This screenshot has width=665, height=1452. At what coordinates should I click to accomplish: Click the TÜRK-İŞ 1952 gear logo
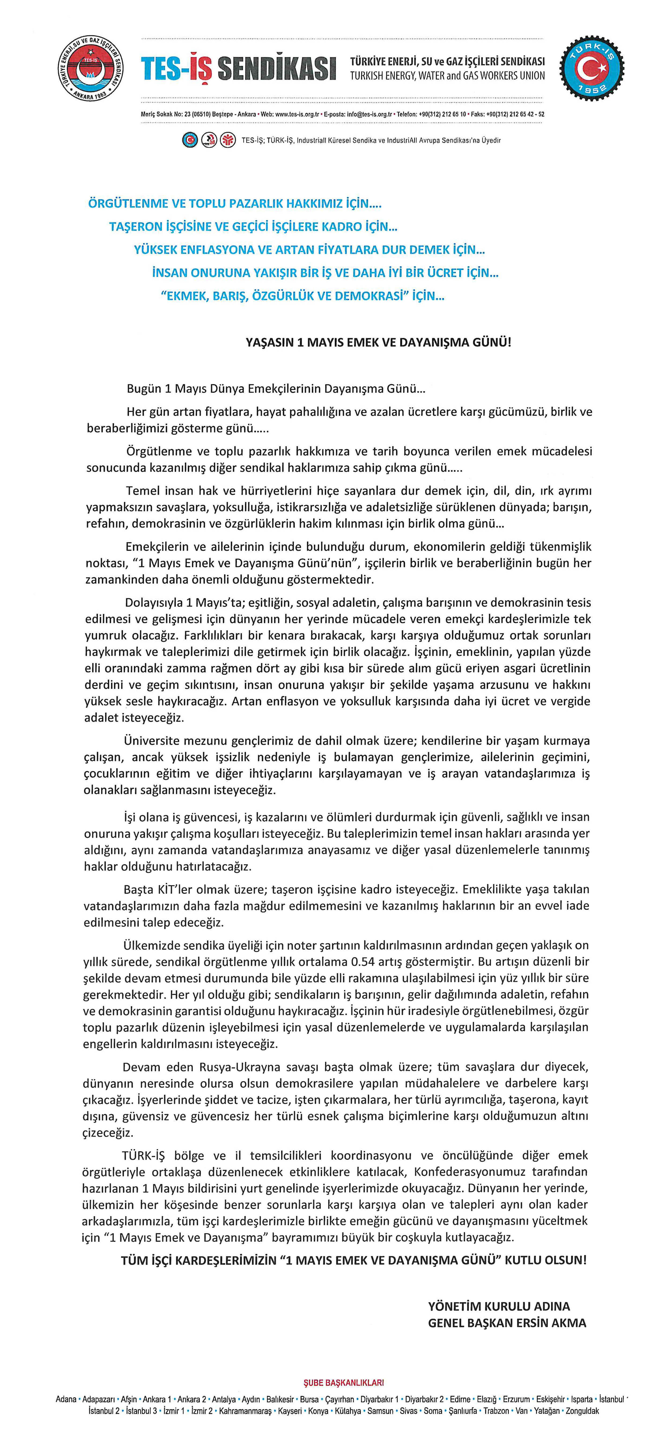(x=591, y=69)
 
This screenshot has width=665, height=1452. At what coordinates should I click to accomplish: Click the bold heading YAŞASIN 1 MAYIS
(x=378, y=342)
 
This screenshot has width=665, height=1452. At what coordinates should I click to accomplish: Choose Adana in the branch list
(x=66, y=1399)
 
